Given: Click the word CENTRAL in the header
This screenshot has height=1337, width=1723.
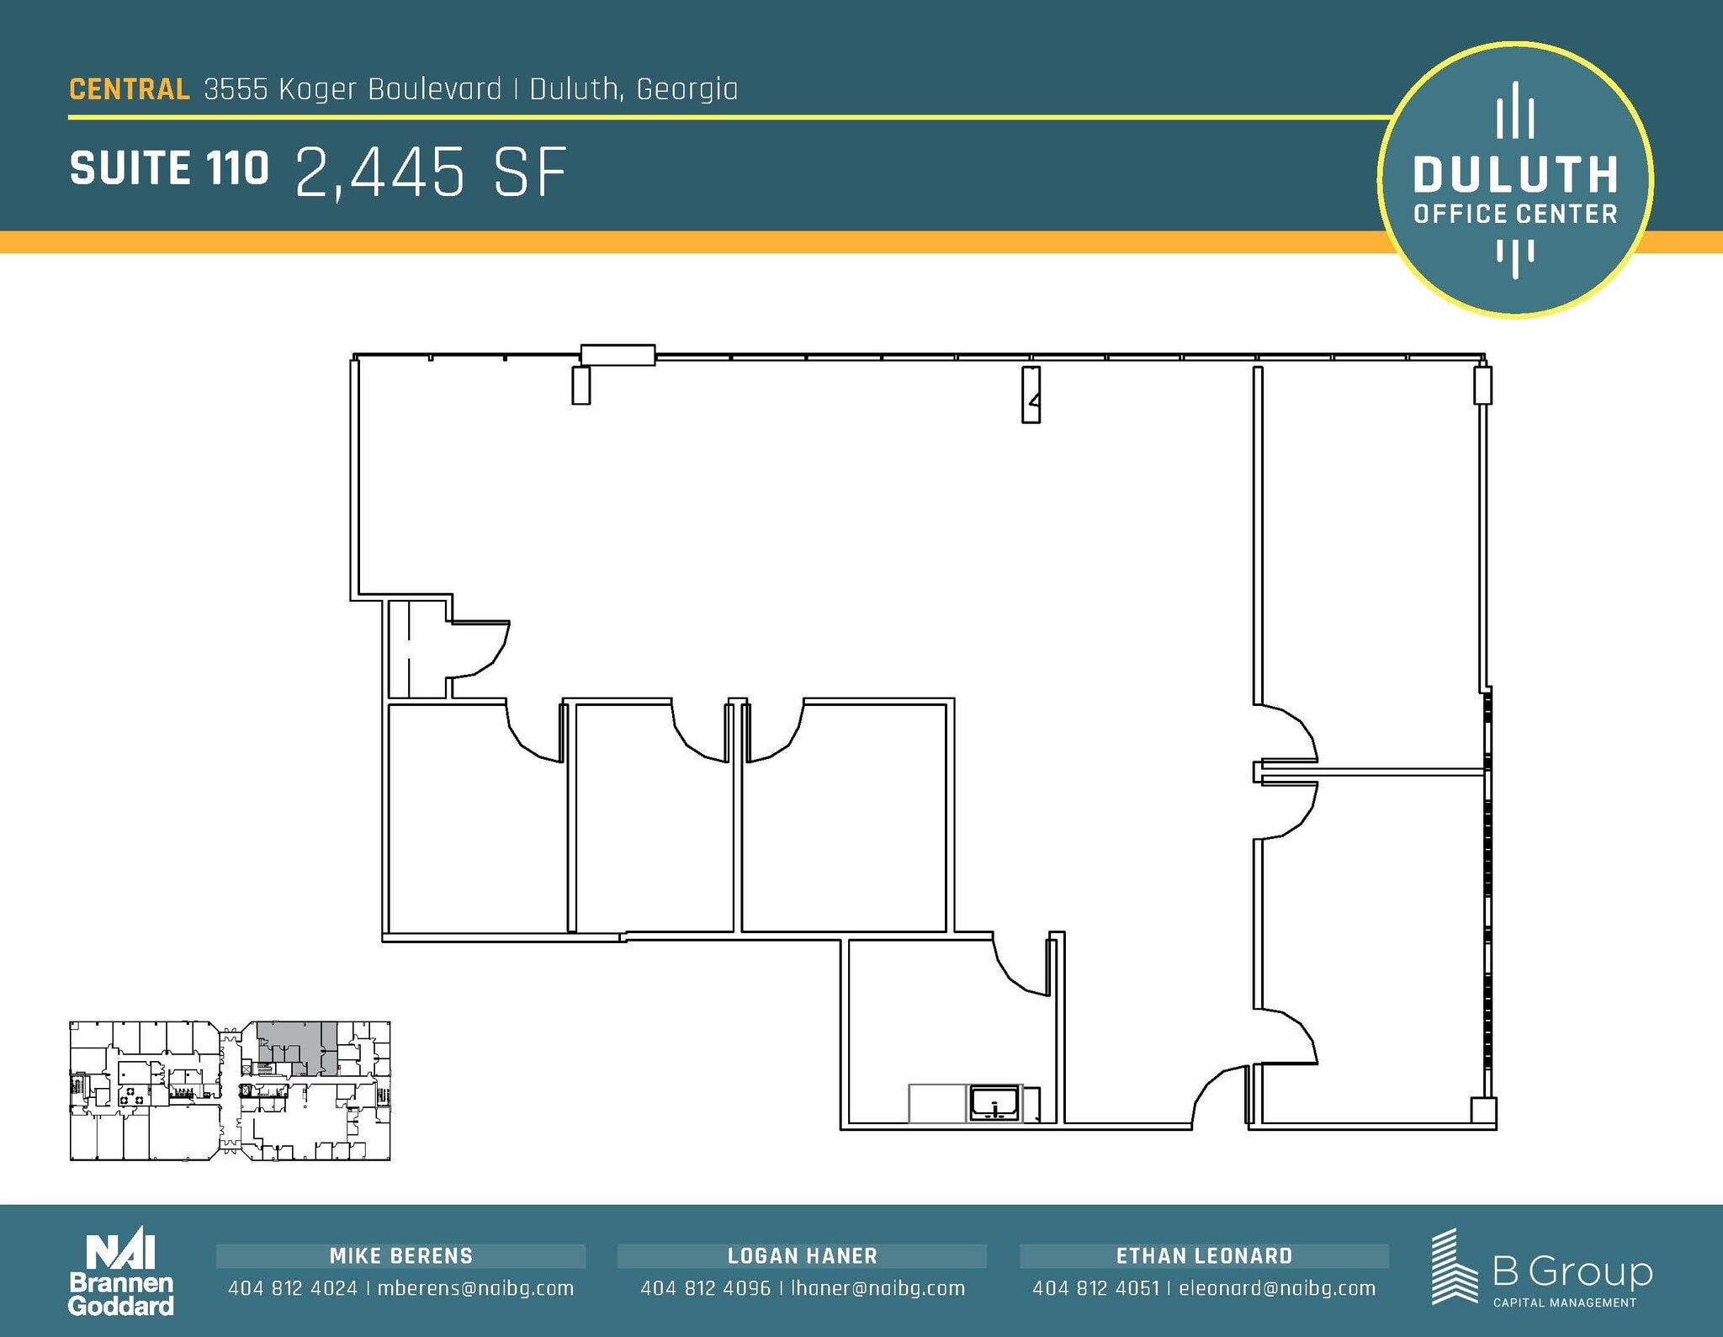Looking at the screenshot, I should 130,89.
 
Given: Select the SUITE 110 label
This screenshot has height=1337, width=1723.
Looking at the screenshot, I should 169,168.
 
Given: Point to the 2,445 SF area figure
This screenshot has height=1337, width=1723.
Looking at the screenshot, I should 431,172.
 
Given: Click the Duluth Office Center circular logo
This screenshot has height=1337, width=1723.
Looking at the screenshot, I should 1514,180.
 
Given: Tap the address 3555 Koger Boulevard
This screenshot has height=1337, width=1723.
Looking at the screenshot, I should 353,89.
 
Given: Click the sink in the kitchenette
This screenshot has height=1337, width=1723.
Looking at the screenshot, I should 995,1103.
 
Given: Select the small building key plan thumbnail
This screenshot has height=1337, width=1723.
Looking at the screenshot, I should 230,1091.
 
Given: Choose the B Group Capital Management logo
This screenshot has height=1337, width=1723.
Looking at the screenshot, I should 1541,1270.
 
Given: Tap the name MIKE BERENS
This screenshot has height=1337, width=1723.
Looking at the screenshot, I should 401,1256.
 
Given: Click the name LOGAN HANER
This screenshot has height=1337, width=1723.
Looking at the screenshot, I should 803,1256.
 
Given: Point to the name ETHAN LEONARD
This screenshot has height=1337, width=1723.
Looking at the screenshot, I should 1204,1256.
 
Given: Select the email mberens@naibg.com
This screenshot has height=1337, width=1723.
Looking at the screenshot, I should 475,1288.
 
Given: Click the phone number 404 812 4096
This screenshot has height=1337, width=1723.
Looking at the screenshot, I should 705,1288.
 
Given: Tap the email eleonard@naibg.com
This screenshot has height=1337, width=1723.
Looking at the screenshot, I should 1277,1288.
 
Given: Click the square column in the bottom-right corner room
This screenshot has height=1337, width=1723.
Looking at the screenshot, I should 1482,1111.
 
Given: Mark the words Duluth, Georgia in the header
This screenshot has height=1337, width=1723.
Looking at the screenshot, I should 634,89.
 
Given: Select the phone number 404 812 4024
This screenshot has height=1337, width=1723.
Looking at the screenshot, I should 293,1288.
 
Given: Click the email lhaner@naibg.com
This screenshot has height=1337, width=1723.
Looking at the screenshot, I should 877,1288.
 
